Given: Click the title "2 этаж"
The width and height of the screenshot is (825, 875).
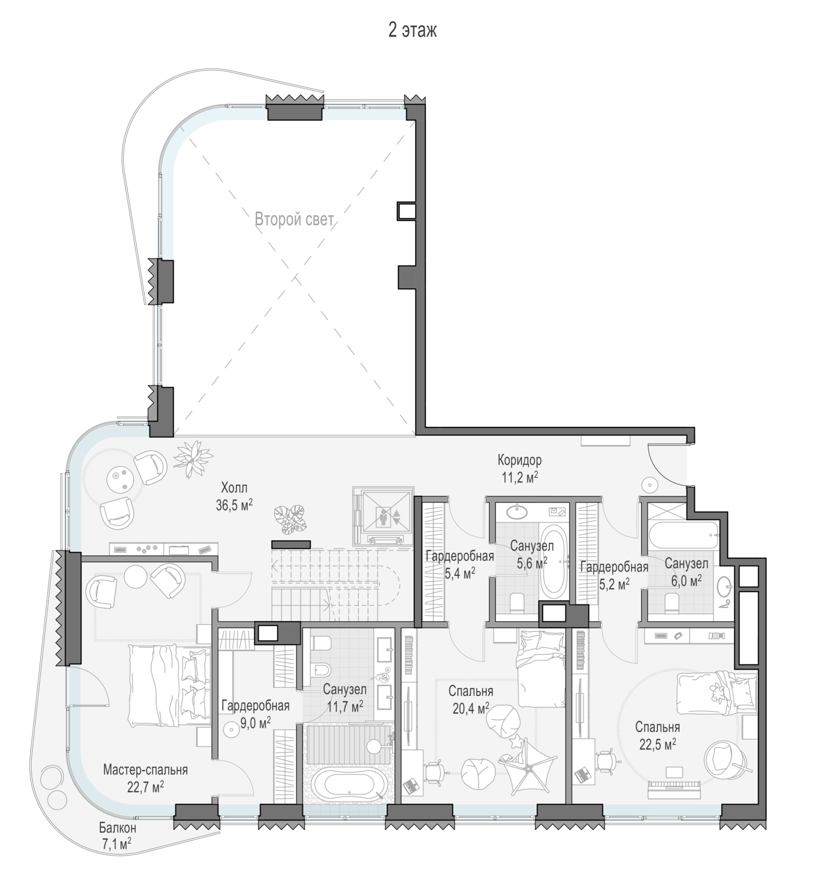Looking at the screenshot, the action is [x=412, y=31].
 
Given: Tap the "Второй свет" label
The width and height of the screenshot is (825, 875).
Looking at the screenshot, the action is [x=295, y=219].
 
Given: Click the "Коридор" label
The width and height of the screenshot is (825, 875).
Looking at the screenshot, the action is [x=520, y=460].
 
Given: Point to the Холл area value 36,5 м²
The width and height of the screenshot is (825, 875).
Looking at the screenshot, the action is [x=234, y=505].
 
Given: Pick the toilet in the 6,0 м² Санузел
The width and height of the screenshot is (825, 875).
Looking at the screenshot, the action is [x=671, y=603].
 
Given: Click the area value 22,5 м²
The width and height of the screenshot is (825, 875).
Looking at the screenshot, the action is [x=658, y=744].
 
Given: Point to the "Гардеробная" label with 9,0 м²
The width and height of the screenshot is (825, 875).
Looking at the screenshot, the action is [x=256, y=705].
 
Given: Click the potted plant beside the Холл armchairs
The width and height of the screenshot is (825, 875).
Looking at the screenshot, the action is [x=193, y=458].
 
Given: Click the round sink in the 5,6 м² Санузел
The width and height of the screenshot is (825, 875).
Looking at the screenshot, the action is [x=516, y=512].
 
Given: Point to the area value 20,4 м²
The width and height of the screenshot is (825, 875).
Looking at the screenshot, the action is [x=471, y=708].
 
